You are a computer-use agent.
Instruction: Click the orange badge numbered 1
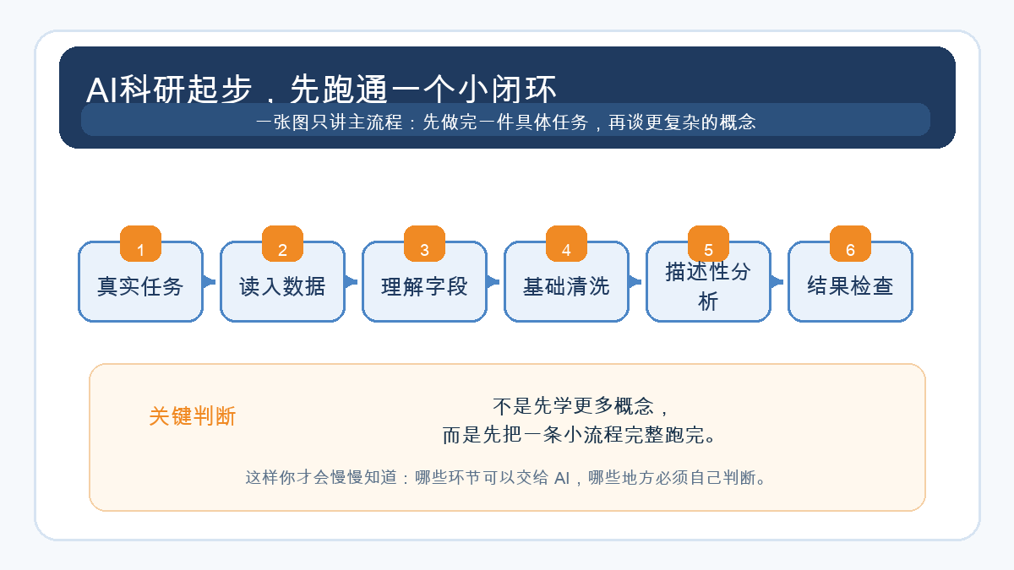(141, 243)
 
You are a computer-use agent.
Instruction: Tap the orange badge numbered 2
(282, 243)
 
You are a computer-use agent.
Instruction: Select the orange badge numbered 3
(424, 243)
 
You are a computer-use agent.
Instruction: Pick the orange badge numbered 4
(566, 243)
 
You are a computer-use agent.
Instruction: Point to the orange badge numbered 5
(708, 243)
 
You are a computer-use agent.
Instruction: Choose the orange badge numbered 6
(850, 243)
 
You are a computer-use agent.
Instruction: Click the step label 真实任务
(140, 286)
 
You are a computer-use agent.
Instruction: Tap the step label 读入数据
(282, 286)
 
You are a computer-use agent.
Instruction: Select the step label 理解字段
(424, 286)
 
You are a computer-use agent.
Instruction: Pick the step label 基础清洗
(566, 286)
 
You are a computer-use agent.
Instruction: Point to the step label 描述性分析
(708, 286)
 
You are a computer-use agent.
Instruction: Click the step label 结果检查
(850, 286)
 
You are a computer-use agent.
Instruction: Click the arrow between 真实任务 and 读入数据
(210, 282)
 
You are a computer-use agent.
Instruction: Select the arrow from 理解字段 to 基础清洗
(493, 282)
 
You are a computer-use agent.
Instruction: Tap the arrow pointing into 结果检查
(777, 282)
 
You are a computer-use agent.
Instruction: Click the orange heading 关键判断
(193, 416)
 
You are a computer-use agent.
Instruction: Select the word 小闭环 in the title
(507, 90)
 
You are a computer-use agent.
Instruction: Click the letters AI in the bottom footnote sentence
(562, 478)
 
